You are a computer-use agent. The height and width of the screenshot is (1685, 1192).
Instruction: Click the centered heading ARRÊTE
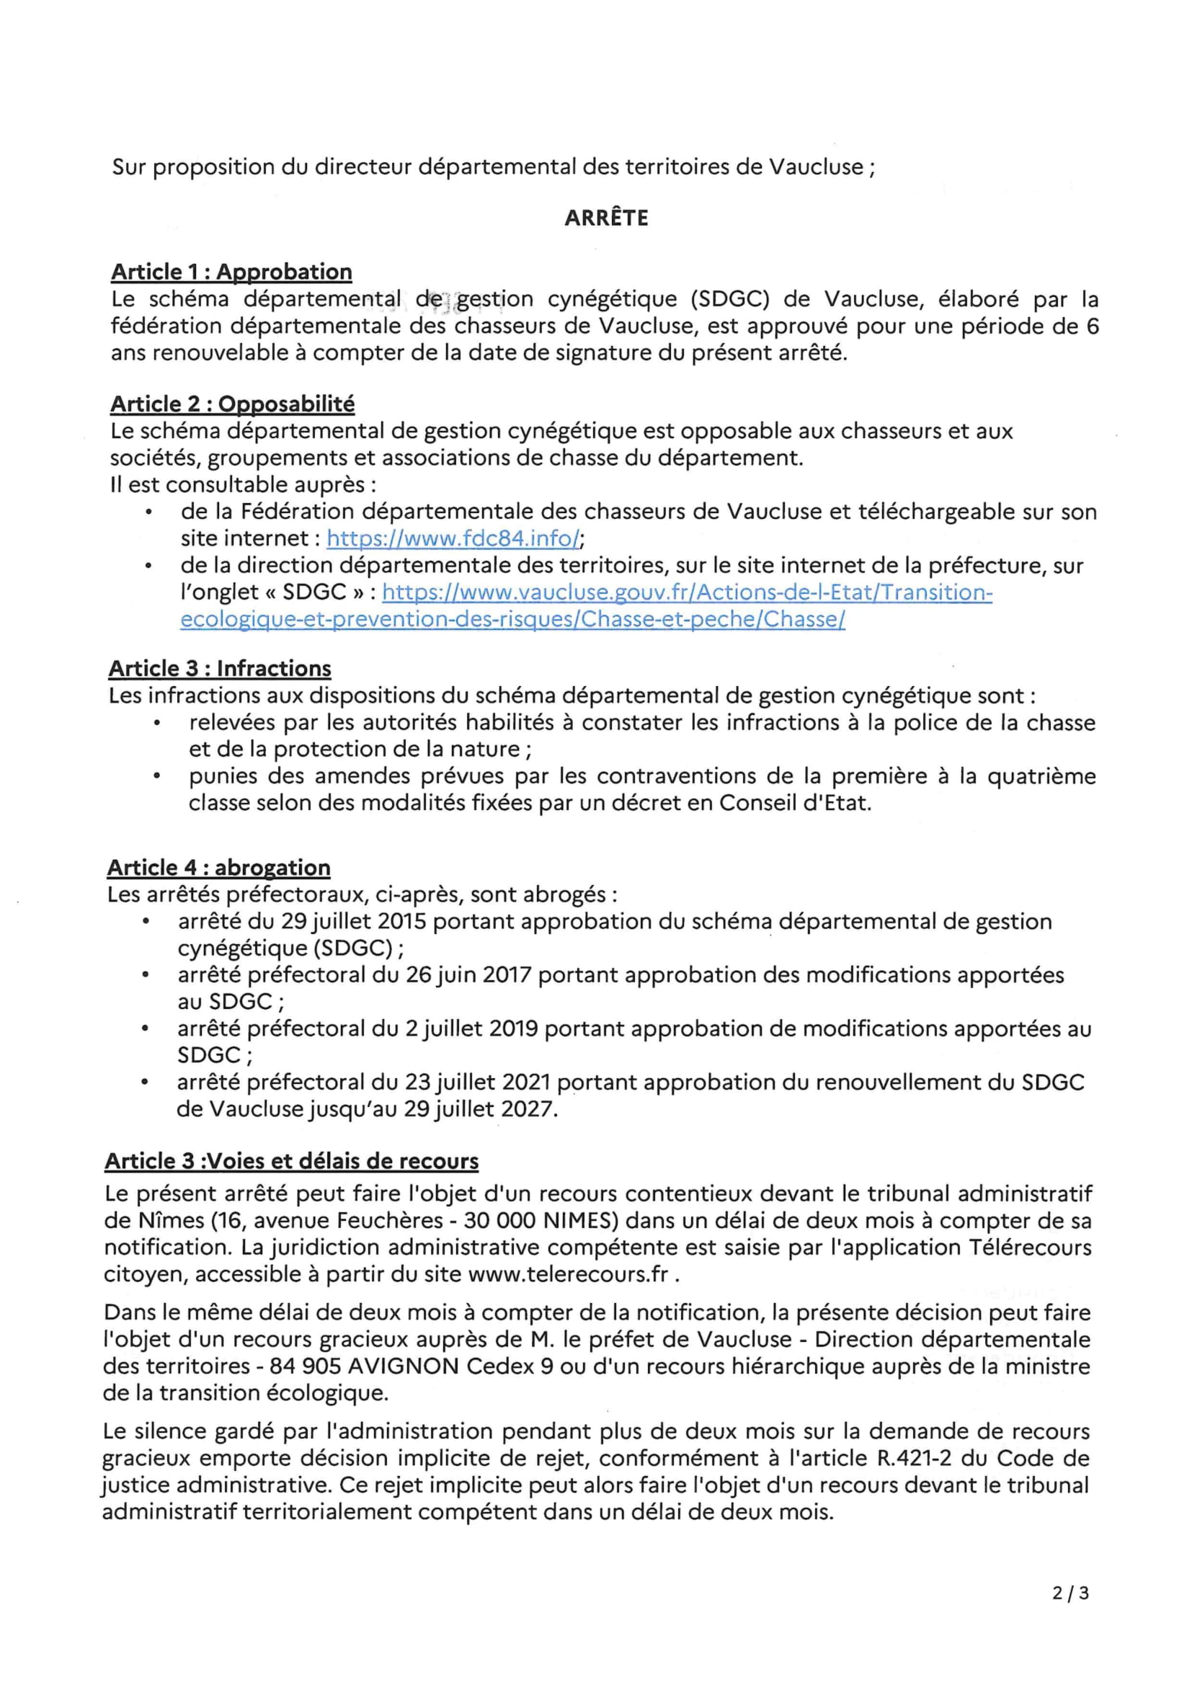[x=606, y=218]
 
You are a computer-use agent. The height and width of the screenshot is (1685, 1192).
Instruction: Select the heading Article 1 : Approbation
[x=231, y=272]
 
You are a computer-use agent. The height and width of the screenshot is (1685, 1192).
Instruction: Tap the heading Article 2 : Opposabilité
[x=232, y=404]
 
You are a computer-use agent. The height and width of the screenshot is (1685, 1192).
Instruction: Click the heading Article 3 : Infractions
[x=220, y=668]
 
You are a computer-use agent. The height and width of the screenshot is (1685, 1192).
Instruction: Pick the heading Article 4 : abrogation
[x=219, y=868]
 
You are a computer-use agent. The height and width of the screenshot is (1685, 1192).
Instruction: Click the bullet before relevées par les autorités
[x=156, y=723]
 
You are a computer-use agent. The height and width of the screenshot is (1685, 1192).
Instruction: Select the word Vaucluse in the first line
[x=816, y=167]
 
